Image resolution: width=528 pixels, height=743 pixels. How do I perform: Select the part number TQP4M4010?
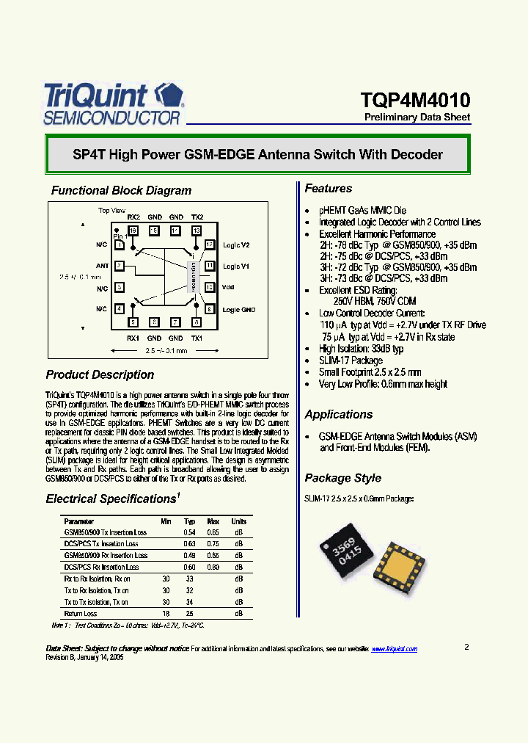click(415, 100)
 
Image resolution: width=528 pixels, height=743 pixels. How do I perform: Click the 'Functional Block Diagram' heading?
click(121, 190)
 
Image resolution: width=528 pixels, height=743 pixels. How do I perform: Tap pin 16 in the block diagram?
click(133, 231)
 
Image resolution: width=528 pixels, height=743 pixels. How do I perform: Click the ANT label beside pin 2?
click(102, 266)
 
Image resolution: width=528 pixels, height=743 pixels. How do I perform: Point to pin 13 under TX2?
click(197, 231)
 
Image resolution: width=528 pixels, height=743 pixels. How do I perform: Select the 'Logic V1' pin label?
click(236, 266)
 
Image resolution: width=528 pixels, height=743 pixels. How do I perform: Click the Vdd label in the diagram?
click(227, 287)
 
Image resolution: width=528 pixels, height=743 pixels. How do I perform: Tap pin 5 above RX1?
click(133, 322)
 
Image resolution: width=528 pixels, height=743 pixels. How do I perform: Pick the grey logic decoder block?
click(194, 277)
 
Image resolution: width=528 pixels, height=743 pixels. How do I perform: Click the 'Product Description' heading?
click(100, 374)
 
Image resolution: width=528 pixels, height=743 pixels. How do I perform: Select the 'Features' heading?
click(329, 189)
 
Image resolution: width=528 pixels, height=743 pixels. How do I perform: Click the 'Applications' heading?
click(339, 414)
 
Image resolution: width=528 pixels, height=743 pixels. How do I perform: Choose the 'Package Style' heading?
click(342, 478)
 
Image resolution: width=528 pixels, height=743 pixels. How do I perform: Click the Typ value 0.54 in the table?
click(188, 532)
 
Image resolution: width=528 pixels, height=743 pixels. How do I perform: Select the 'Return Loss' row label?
click(81, 613)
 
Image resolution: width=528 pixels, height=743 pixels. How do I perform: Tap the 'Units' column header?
click(238, 521)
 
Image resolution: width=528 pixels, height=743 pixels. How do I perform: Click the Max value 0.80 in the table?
click(213, 567)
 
